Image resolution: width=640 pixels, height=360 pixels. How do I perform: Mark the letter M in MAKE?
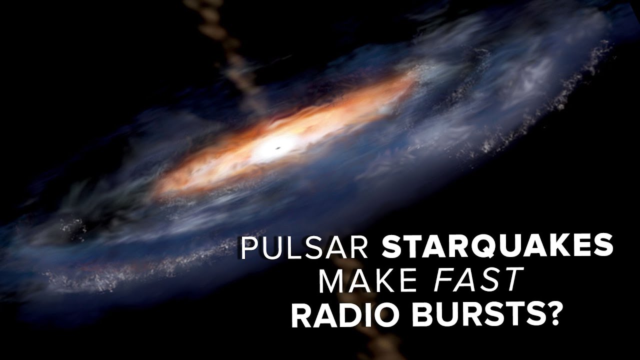[x=331, y=279]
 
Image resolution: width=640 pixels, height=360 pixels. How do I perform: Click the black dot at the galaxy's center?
[x=277, y=148]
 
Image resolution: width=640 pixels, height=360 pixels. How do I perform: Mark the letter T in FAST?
[x=511, y=279]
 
